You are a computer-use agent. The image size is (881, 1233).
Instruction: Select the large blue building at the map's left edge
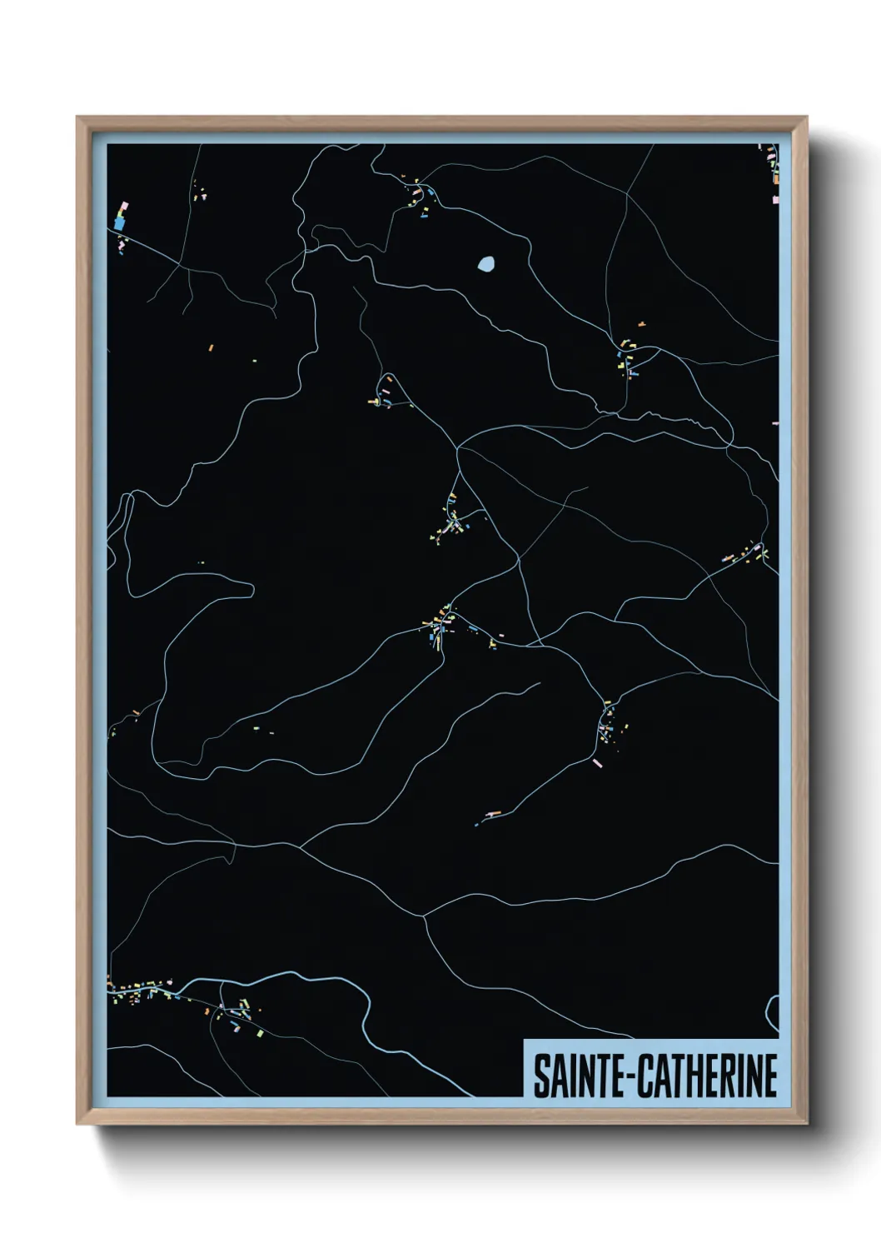119,223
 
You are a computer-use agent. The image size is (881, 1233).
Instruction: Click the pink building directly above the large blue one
124,205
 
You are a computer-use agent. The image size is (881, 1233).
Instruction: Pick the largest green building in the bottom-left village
259,1033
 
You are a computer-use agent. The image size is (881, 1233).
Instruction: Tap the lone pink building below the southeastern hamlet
596,762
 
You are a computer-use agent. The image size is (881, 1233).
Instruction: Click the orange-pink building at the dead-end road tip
494,811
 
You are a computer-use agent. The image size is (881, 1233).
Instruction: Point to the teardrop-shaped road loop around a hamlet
389,388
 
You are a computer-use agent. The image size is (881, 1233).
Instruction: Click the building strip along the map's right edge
744,553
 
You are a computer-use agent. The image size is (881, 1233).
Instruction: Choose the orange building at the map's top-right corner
774,177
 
